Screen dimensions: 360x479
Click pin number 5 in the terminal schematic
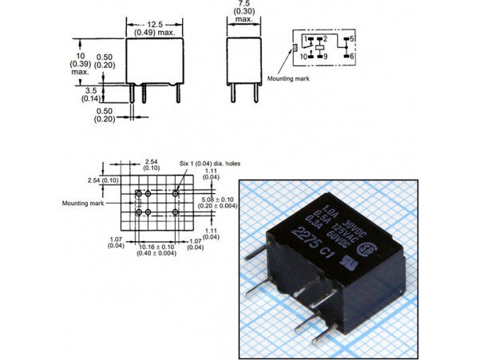(351, 39)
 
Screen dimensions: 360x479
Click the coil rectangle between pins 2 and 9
(319, 48)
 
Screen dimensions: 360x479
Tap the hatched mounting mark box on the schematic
(296, 48)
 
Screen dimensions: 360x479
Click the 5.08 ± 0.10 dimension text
(217, 200)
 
